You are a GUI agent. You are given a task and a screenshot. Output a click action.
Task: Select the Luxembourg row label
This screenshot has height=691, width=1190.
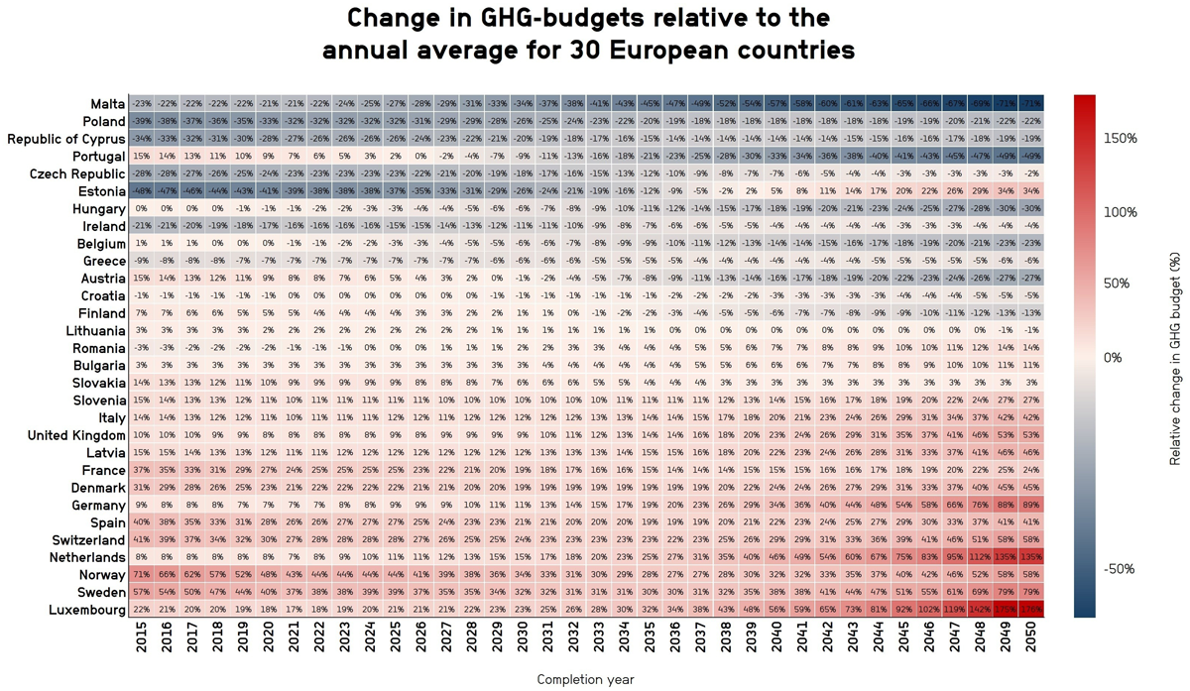click(84, 609)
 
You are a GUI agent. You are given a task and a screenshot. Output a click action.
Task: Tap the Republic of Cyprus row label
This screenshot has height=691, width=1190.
click(64, 138)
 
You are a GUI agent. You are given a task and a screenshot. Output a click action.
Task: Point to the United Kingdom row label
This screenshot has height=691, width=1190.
click(75, 435)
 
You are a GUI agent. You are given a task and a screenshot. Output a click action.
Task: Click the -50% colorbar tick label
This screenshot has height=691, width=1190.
click(1121, 569)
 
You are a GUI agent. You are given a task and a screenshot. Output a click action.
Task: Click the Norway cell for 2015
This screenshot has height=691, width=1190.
click(141, 574)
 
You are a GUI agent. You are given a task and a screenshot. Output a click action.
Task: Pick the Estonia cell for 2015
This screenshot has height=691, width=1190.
click(141, 190)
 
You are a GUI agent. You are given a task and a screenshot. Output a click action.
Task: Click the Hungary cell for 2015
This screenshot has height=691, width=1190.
click(141, 208)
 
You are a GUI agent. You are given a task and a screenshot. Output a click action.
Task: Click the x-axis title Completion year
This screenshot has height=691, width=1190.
click(585, 679)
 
